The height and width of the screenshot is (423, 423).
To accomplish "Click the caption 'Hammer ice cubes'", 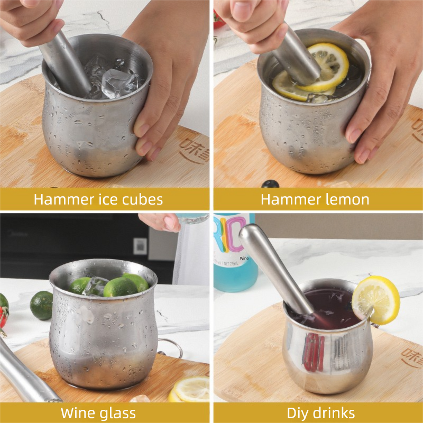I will [98, 199].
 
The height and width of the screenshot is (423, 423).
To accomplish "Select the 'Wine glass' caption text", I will [98, 412].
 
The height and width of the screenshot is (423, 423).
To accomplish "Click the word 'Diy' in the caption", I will [299, 412].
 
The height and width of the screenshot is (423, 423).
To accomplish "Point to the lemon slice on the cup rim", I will [376, 299].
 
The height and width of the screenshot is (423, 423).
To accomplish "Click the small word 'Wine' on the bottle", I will [244, 259].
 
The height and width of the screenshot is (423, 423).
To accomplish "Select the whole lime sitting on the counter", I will [41, 305].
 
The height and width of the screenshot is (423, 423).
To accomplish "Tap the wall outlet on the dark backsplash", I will [140, 245].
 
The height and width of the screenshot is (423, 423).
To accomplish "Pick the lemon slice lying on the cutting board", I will [190, 390].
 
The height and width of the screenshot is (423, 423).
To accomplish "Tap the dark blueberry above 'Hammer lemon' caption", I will [270, 183].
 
